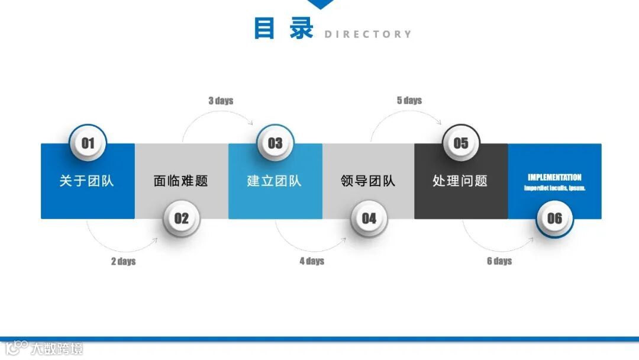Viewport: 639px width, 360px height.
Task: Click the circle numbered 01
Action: pos(88,143)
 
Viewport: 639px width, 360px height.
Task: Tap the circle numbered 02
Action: pos(181,218)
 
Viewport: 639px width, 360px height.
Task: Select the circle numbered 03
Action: pos(275,143)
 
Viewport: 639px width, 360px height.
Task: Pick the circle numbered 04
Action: pos(369,218)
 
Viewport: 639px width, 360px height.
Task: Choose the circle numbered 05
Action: pos(461,143)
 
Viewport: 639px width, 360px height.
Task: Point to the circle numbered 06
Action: pos(554,218)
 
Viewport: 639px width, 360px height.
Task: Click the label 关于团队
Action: pos(86,181)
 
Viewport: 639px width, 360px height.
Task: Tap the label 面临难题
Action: pos(180,181)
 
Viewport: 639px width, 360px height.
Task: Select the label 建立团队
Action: pos(274,181)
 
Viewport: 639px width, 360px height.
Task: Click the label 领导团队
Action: pos(368,181)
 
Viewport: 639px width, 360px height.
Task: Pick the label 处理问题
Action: pos(460,181)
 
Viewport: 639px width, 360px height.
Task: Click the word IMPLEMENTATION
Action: pos(554,177)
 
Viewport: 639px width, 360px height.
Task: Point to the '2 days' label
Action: pos(123,261)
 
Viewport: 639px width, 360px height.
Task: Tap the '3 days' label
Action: pos(221,101)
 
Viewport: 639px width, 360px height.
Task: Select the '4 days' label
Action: pos(312,261)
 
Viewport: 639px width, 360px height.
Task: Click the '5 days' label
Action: pos(409,101)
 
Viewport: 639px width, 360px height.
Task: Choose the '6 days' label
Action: pos(499,261)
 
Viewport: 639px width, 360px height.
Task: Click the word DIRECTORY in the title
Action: pos(367,34)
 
